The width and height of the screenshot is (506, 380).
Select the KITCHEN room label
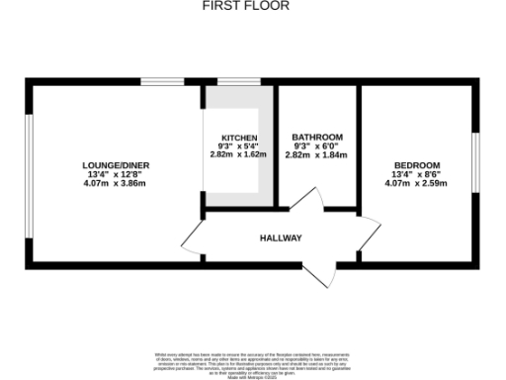[x=239, y=137]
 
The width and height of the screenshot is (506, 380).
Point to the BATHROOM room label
[x=317, y=137]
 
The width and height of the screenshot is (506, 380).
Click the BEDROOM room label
[x=416, y=164]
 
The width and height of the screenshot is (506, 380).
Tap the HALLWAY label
[x=281, y=238]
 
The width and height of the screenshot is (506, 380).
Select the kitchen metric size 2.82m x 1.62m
[x=239, y=154]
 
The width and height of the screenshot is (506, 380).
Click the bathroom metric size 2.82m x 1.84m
[x=317, y=154]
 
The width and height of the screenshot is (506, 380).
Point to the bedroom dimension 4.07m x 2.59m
[x=416, y=183]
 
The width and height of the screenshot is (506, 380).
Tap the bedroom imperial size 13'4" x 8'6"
[x=416, y=174]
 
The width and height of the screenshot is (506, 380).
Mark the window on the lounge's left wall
[x=28, y=174]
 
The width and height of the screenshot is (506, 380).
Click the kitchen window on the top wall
[x=232, y=81]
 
